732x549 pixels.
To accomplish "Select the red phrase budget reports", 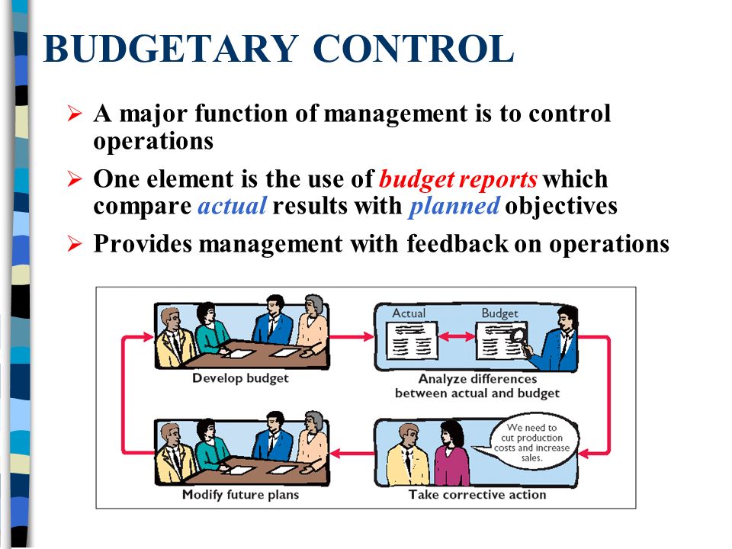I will (458, 180).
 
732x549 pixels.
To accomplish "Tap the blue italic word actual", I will (232, 207).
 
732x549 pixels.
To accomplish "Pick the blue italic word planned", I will (454, 207).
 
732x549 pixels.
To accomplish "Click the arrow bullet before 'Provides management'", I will (74, 245).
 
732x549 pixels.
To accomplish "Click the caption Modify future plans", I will (240, 495).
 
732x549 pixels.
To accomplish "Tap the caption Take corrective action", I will (477, 495).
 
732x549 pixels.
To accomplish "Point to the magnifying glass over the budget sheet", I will (518, 335).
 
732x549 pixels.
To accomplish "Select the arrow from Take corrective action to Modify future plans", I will (352, 455).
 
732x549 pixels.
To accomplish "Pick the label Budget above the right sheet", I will (499, 313).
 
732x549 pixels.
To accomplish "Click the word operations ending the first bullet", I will (152, 142).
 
